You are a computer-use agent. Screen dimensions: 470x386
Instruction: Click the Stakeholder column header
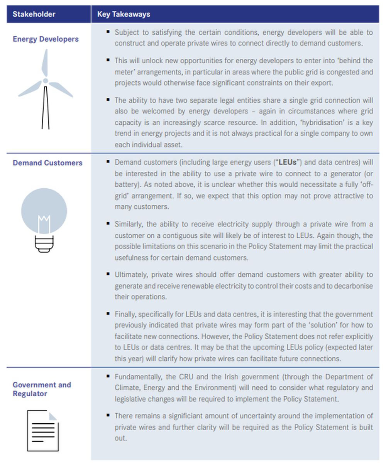[34, 14]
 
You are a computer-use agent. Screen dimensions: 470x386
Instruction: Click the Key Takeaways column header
[124, 14]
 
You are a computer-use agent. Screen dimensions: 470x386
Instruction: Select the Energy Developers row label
[46, 39]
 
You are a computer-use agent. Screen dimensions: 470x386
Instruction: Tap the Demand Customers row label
[47, 163]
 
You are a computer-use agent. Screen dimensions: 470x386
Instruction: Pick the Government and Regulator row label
[42, 389]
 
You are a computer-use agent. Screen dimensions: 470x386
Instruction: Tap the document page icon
[43, 431]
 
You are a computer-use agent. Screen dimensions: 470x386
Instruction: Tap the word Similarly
[129, 224]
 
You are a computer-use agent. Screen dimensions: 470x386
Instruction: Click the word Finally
[125, 314]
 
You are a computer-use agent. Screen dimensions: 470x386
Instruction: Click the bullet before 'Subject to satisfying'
[108, 31]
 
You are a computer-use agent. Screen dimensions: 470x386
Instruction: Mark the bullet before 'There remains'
[108, 415]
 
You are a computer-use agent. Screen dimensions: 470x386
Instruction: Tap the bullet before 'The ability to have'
[108, 100]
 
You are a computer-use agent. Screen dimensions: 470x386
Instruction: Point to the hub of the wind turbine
[46, 81]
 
